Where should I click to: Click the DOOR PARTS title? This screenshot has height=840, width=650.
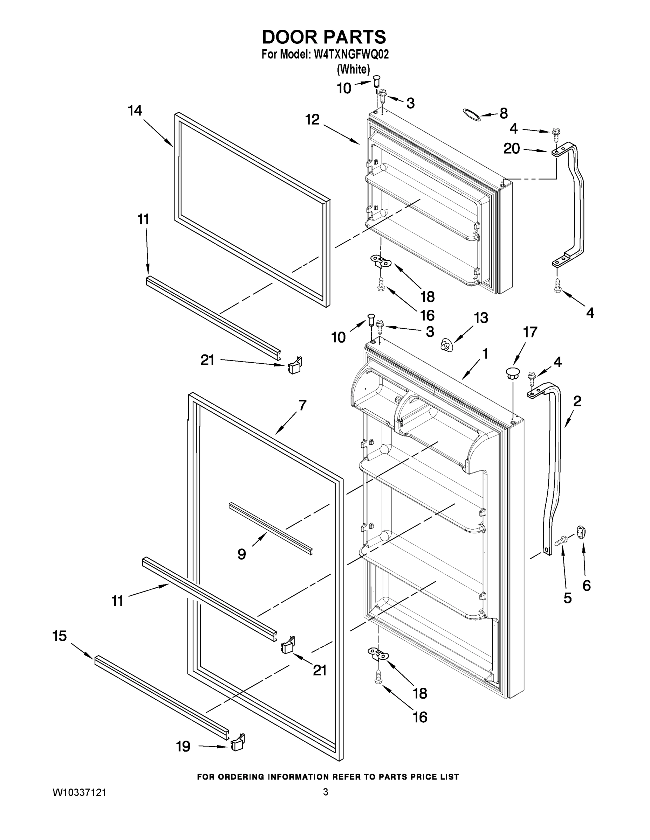coord(324,37)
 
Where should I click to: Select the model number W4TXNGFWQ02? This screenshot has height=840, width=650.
coord(351,54)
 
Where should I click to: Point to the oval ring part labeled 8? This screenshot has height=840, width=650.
coord(471,114)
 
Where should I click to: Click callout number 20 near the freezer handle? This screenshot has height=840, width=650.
coord(511,148)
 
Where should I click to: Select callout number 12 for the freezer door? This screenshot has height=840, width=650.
coord(312,120)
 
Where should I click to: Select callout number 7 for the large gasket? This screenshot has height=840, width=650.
coord(302,405)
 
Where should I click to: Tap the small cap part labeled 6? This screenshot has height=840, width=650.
coord(581,532)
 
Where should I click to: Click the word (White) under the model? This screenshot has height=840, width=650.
coord(353,69)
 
